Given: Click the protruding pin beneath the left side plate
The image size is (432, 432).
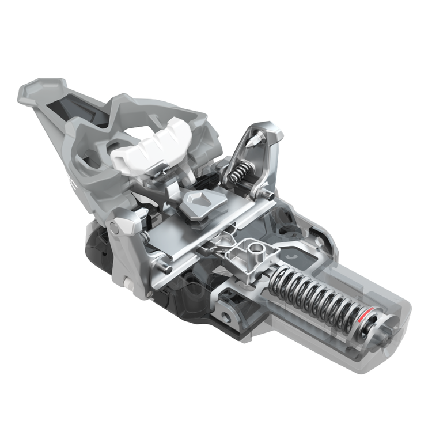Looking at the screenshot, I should click(x=167, y=267).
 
